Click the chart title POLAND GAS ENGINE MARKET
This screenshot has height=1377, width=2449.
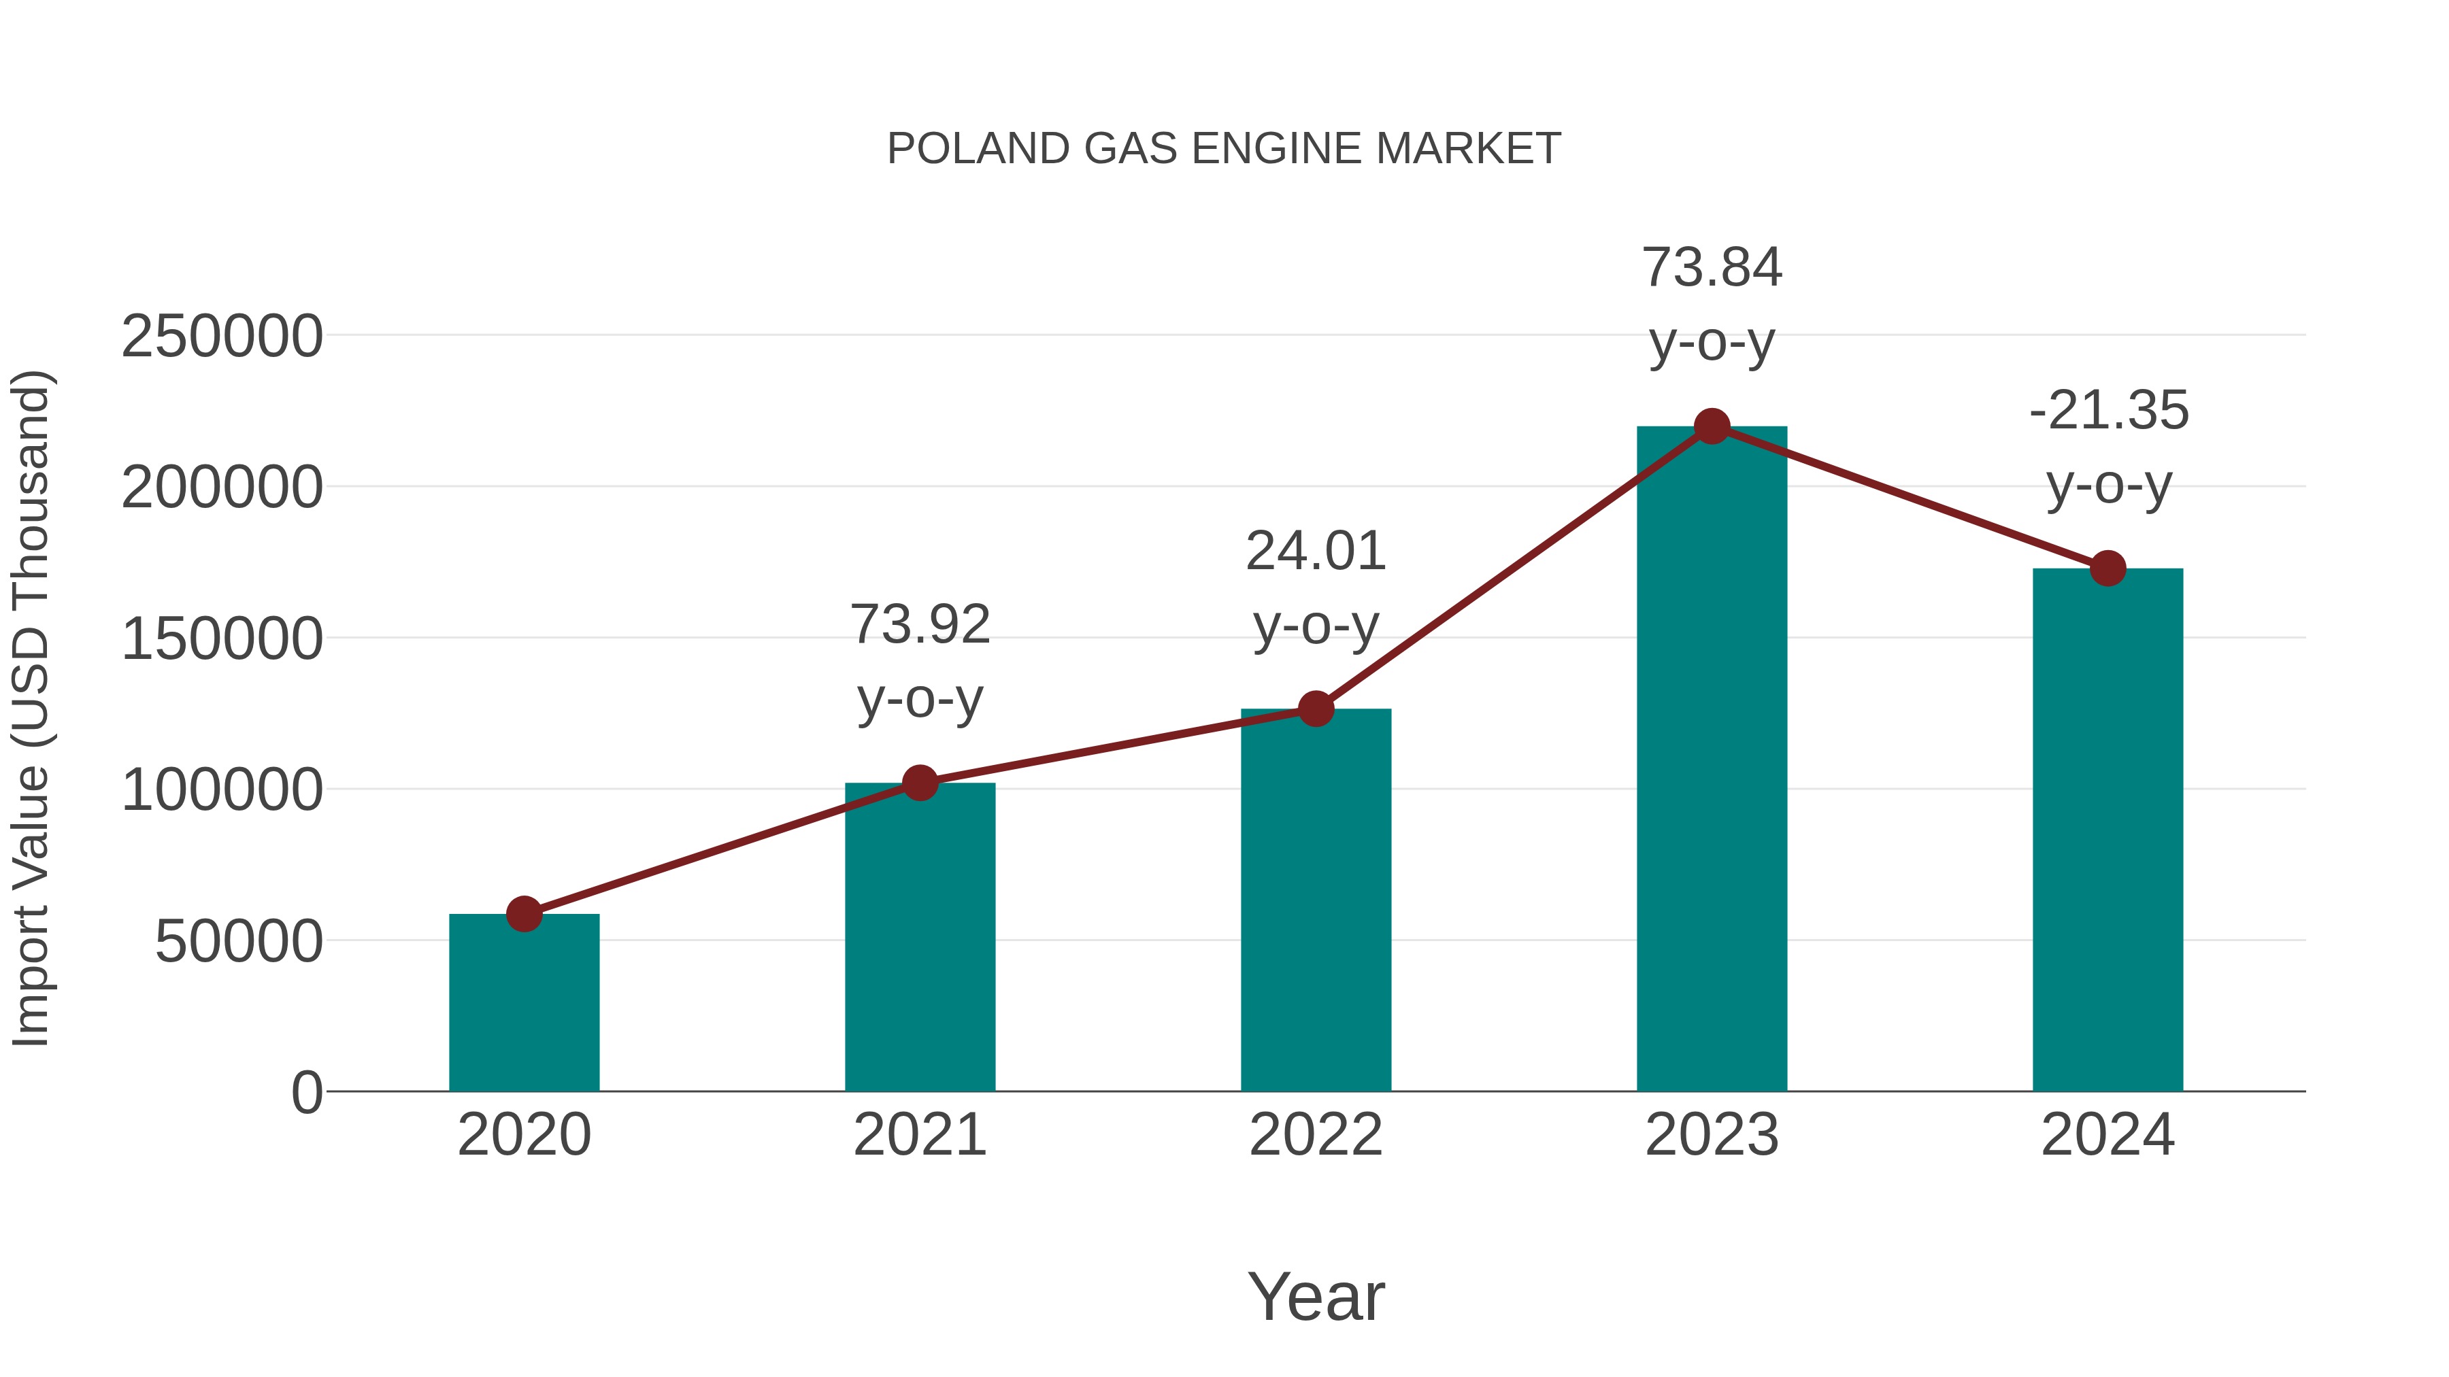point(1224,149)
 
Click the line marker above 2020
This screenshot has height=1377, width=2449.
point(524,914)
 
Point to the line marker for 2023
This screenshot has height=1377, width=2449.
point(1712,426)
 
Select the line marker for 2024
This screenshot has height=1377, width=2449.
point(2108,568)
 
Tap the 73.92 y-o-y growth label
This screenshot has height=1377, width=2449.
point(919,662)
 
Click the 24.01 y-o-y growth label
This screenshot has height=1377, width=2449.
point(1316,588)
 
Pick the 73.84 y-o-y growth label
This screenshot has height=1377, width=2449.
point(1712,304)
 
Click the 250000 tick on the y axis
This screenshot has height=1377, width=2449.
point(222,337)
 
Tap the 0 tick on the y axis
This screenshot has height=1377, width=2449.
point(306,1093)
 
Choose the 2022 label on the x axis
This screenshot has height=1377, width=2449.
point(1316,1135)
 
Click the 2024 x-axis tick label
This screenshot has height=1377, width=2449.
point(2108,1135)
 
